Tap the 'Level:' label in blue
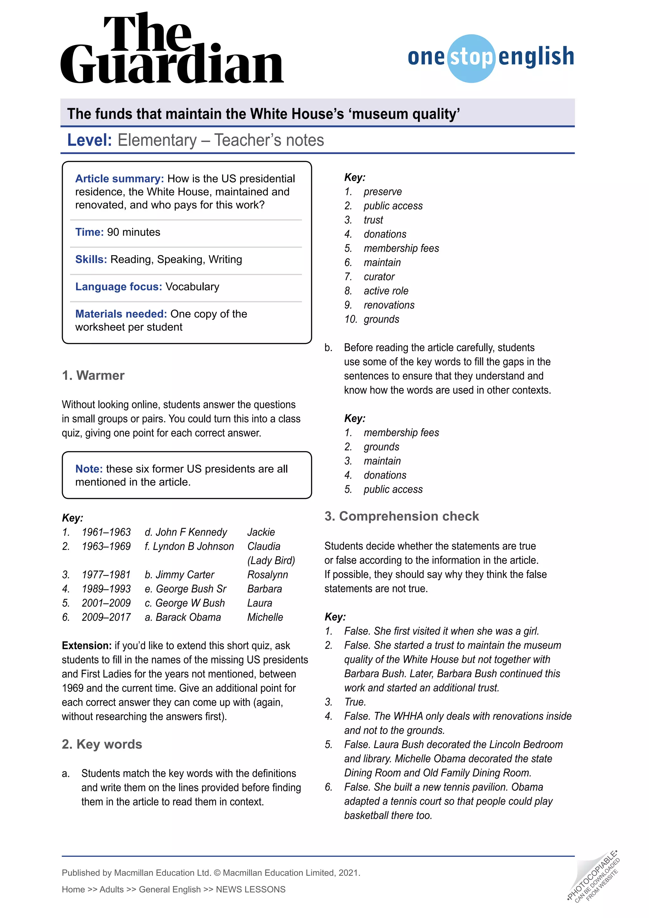pyautogui.click(x=89, y=140)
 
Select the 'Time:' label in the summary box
pyautogui.click(x=89, y=232)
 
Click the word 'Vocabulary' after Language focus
pyautogui.click(x=192, y=287)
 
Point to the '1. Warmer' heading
pyautogui.click(x=93, y=375)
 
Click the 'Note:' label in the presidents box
pyautogui.click(x=89, y=469)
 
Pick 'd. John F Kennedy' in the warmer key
pyautogui.click(x=186, y=532)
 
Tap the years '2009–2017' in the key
pyautogui.click(x=106, y=617)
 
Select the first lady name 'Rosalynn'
pyautogui.click(x=267, y=575)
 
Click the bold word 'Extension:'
pyautogui.click(x=86, y=646)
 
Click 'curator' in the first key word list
pyautogui.click(x=379, y=277)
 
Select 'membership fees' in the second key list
pyautogui.click(x=401, y=433)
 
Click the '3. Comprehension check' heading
pyautogui.click(x=401, y=516)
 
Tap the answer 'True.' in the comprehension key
pyautogui.click(x=355, y=702)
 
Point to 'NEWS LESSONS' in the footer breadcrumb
pyautogui.click(x=251, y=889)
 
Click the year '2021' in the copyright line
pyautogui.click(x=349, y=873)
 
